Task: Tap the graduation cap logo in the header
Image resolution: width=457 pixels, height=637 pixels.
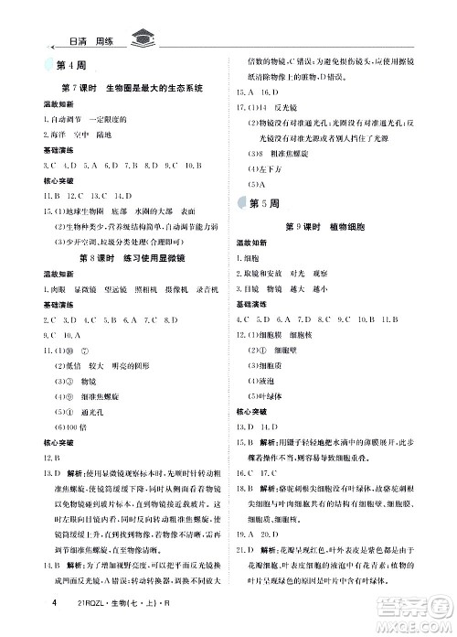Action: point(143,38)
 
